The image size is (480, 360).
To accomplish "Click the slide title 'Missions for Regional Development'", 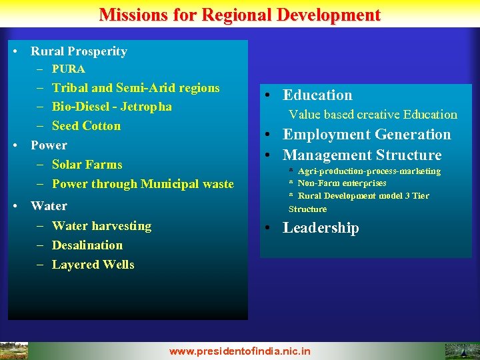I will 240,15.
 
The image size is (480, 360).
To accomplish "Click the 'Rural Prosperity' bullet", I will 79,51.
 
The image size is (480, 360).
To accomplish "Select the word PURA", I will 69,69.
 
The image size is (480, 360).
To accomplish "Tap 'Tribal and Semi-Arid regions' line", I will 135,88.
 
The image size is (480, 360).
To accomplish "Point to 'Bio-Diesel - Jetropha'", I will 111,107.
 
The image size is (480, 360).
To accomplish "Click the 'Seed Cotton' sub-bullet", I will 86,126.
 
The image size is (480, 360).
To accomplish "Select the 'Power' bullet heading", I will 49,145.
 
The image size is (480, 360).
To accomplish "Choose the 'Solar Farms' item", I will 87,165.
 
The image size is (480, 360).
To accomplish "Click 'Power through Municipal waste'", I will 143,184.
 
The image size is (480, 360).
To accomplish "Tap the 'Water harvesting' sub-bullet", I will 101,226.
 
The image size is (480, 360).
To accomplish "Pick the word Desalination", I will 87,245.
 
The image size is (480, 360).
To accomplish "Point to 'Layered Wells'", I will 93,265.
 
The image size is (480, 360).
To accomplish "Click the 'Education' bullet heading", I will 317,95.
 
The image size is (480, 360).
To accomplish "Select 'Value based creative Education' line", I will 373,115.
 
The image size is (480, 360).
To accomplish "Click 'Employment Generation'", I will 367,135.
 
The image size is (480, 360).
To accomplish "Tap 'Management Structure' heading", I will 362,155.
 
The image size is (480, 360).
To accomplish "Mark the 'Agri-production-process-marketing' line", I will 369,171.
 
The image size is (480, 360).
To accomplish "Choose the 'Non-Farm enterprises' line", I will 341,183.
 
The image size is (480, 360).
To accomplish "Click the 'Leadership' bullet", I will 321,228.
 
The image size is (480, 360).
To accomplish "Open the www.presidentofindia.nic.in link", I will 240,351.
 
